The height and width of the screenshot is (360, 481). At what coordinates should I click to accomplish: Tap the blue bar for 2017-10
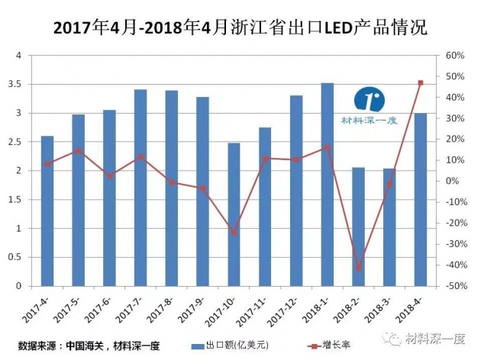click(x=234, y=214)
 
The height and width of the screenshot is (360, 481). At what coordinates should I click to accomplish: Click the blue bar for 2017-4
click(x=47, y=211)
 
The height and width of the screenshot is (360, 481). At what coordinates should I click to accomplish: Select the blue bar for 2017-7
click(x=140, y=188)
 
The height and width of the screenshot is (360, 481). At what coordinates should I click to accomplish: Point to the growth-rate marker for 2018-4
click(x=421, y=83)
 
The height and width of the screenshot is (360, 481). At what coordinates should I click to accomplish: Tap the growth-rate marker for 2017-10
click(x=234, y=232)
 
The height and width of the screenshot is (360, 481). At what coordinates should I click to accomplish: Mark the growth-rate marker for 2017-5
click(x=79, y=151)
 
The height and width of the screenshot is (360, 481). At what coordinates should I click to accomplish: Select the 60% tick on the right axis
click(x=456, y=56)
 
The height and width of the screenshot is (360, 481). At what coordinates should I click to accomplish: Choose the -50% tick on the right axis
click(x=456, y=286)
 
